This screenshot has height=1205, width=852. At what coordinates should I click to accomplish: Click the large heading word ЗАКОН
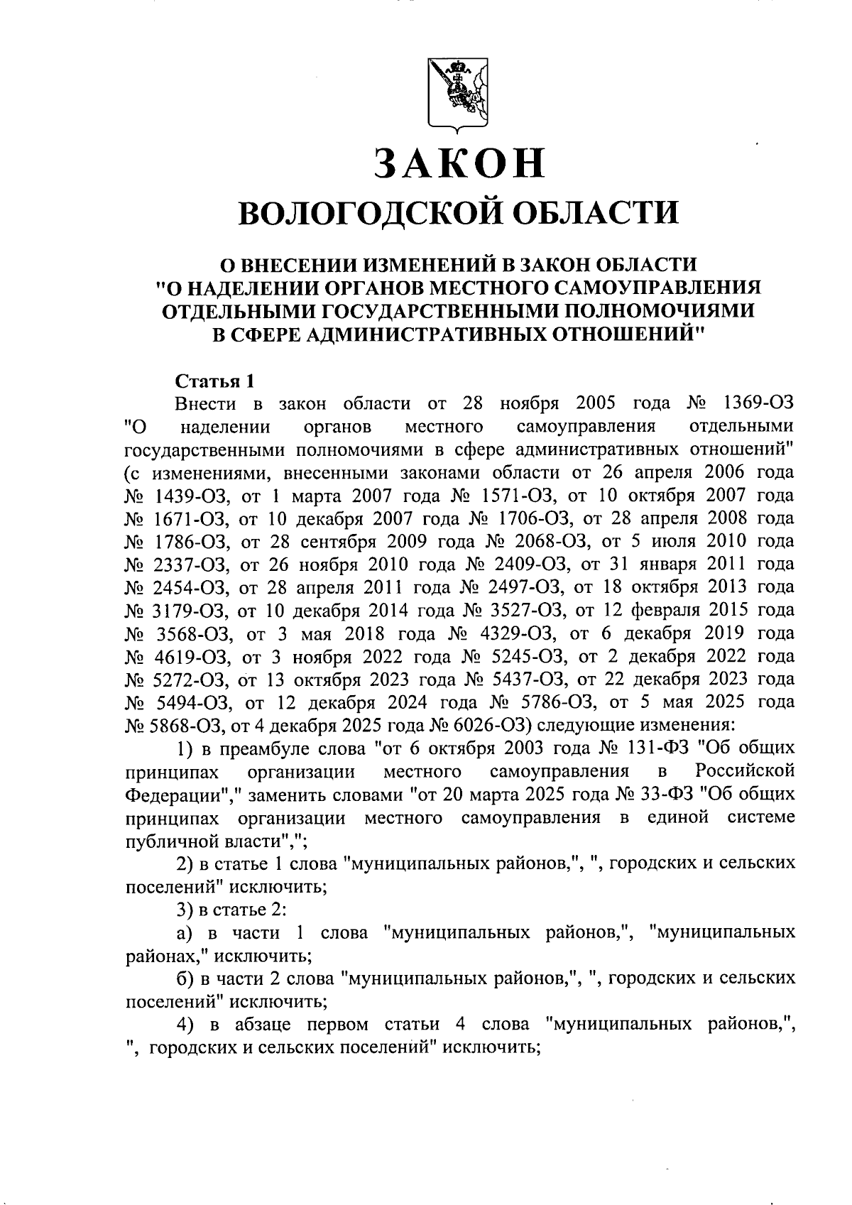click(x=459, y=163)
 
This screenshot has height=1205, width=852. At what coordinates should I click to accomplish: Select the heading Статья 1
click(x=214, y=381)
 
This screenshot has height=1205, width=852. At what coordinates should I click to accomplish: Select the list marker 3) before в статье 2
click(x=185, y=909)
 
